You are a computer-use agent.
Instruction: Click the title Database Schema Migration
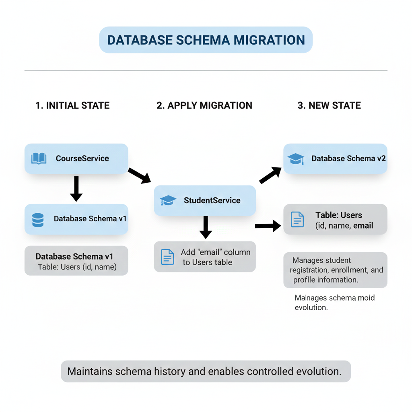click(x=206, y=40)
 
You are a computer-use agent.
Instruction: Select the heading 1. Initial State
click(x=72, y=105)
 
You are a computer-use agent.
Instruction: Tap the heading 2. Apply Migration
click(x=204, y=105)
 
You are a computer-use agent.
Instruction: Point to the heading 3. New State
click(x=329, y=105)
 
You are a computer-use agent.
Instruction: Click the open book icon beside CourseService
click(x=39, y=158)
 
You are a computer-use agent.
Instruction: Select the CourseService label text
click(x=82, y=158)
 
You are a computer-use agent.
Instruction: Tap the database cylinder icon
click(x=38, y=220)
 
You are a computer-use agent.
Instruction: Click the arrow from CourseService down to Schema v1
click(x=76, y=188)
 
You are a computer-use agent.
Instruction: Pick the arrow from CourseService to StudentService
click(x=139, y=175)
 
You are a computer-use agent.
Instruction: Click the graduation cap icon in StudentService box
click(x=168, y=200)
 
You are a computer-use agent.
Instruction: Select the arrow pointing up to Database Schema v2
click(x=270, y=175)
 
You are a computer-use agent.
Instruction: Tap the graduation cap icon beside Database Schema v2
click(x=296, y=159)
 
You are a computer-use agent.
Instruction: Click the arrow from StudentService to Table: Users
click(x=268, y=226)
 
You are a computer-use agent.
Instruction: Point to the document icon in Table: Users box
click(x=297, y=219)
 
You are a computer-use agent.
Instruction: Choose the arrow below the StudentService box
click(x=206, y=227)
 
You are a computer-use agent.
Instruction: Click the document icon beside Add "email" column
click(x=167, y=257)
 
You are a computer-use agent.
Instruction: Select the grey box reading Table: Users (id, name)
click(x=76, y=261)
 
